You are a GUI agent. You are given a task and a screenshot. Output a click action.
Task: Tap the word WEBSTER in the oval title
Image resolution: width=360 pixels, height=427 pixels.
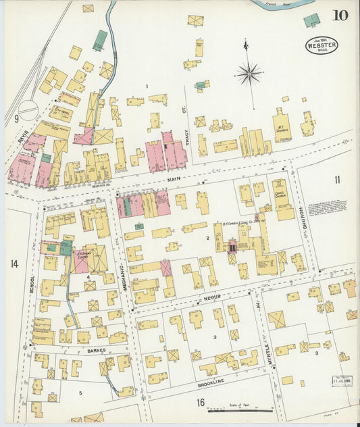click(x=322, y=46)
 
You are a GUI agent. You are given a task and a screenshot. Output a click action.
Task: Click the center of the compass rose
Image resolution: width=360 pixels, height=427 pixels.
click(x=249, y=72)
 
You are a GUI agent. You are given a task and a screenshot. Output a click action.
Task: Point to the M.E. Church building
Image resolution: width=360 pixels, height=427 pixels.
click(x=282, y=129)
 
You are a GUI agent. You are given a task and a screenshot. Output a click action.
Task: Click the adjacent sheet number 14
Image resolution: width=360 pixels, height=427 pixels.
click(x=14, y=263)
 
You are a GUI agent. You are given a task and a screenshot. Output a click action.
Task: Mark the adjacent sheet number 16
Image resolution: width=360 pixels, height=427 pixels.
click(x=200, y=403)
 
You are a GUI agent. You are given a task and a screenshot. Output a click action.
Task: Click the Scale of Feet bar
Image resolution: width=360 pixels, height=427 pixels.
click(x=240, y=409)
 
